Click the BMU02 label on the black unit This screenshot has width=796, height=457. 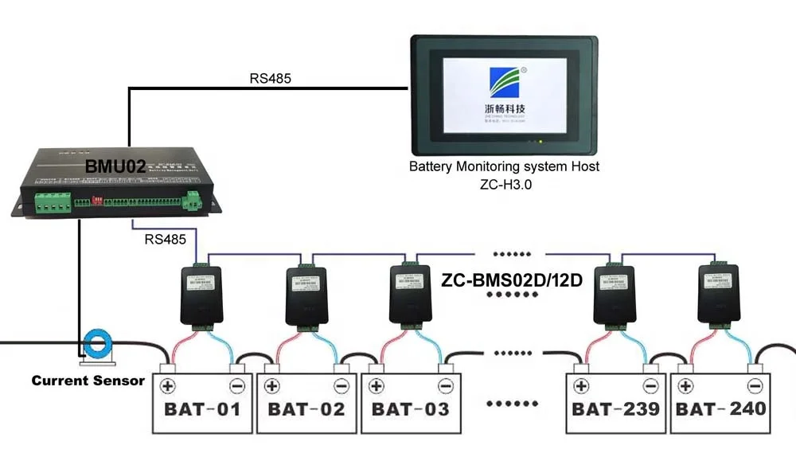[x=115, y=167]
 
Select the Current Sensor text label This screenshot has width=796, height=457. [x=88, y=381]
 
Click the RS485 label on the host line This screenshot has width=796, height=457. [x=270, y=78]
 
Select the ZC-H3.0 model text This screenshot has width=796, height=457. [x=504, y=183]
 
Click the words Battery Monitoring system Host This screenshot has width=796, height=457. [x=504, y=166]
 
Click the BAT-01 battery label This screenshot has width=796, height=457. [x=202, y=409]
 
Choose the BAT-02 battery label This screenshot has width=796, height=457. [x=306, y=409]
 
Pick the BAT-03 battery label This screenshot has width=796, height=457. [x=411, y=409]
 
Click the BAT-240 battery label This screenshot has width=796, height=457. [x=721, y=409]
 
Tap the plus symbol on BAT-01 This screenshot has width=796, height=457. [x=168, y=386]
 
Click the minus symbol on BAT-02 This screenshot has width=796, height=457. [x=341, y=386]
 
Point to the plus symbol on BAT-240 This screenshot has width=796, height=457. [x=685, y=386]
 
